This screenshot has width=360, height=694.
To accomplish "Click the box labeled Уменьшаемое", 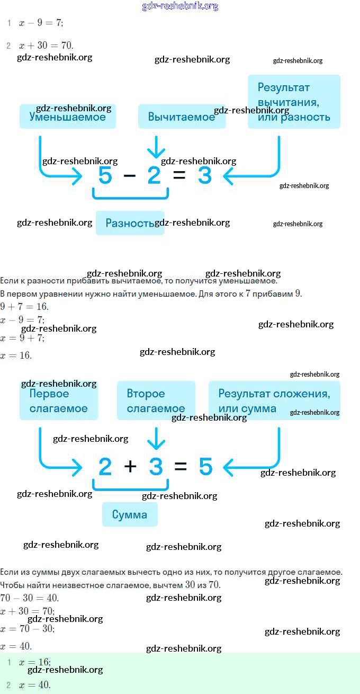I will (67, 117).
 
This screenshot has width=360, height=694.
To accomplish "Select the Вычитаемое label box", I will (182, 117).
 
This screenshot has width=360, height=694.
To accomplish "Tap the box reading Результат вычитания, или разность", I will (294, 102).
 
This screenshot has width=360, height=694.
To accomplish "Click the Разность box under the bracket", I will (130, 223).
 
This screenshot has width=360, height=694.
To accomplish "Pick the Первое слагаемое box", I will (58, 401).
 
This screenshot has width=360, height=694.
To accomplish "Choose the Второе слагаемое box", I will (156, 401).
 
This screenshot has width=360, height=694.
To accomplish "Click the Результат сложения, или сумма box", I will (274, 401).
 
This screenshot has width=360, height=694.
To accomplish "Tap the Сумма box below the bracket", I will (130, 514).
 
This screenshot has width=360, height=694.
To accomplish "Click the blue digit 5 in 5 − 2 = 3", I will (105, 175).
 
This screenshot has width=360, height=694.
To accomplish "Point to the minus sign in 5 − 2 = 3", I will (129, 175).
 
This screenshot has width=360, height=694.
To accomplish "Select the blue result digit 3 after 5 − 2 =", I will (204, 175).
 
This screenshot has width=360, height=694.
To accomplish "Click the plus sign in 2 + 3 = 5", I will (130, 466).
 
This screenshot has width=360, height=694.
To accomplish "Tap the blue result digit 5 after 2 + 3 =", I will (205, 466).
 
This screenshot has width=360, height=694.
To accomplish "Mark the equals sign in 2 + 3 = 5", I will (181, 466).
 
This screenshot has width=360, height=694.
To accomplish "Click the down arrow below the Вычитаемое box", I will (156, 147).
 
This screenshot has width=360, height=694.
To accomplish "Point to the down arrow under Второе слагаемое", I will (156, 438).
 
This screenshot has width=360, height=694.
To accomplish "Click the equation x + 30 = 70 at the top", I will (46, 46).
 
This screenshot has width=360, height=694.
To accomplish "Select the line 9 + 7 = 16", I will (25, 307).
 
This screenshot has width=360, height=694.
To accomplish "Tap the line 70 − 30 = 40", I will (30, 598).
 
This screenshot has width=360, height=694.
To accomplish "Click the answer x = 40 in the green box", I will (35, 685).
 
